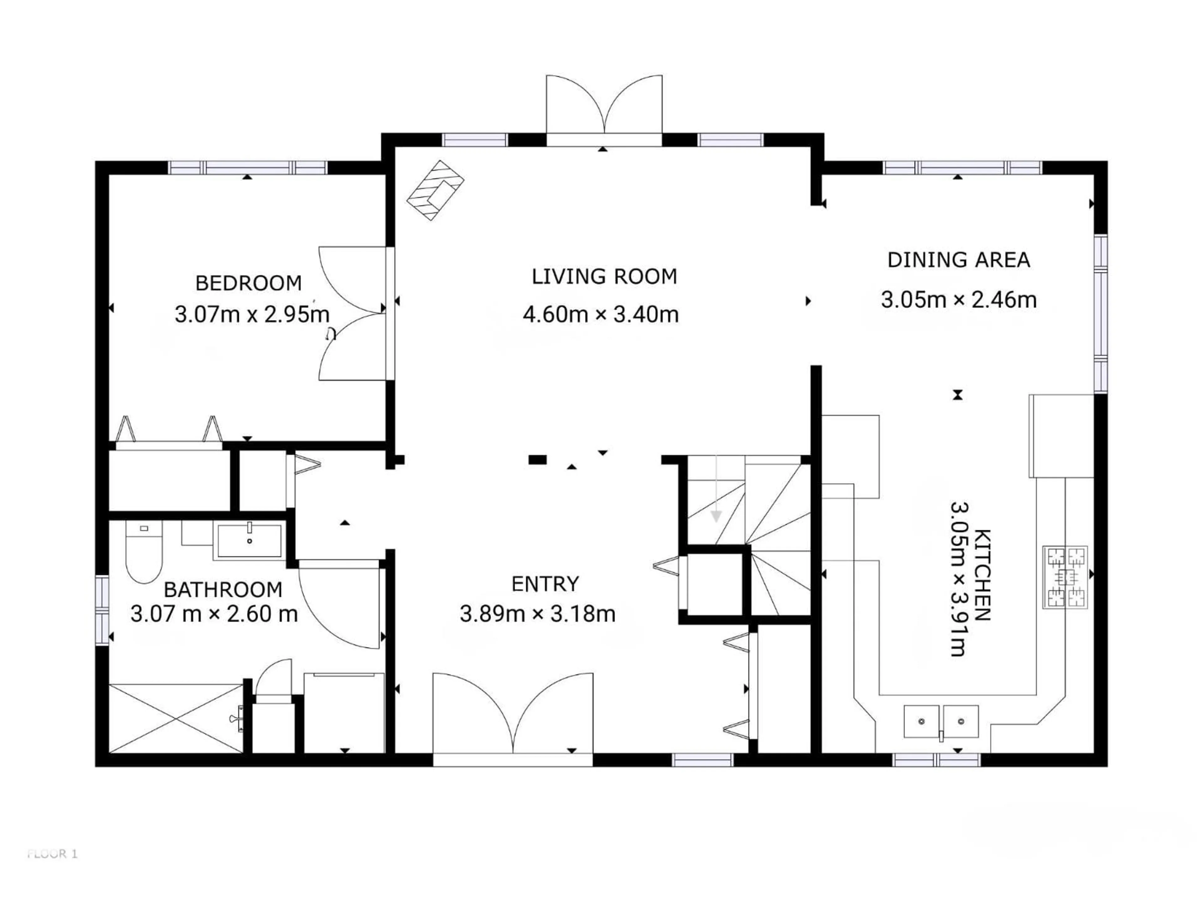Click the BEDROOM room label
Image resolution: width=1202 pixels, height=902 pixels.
coord(248,283)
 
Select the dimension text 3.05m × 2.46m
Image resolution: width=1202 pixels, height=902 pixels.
coord(958,300)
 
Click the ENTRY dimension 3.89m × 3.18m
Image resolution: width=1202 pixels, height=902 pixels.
coord(537,614)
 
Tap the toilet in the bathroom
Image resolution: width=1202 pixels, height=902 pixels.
coord(144,552)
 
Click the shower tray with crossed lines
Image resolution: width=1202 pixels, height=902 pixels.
coord(176,719)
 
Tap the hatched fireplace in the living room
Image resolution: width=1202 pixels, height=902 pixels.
coord(435,190)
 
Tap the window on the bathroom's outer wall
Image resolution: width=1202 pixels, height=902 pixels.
coord(102,610)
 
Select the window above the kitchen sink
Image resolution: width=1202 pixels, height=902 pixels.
coord(936,759)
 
